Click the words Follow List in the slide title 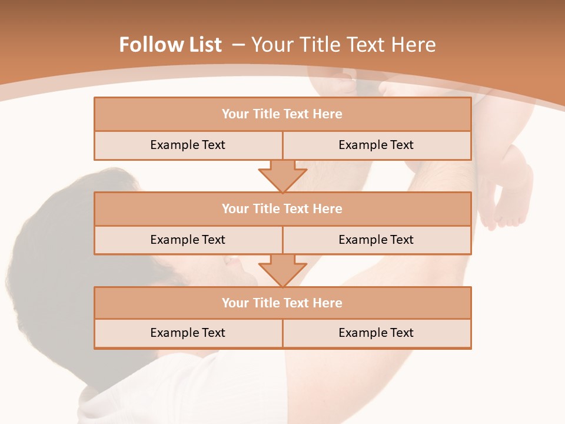[x=170, y=45]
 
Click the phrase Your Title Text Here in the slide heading [x=343, y=45]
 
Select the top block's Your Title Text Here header [x=282, y=114]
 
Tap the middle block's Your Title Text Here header [x=282, y=208]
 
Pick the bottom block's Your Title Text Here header [x=282, y=303]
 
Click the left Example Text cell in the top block [x=188, y=145]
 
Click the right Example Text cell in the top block [x=376, y=145]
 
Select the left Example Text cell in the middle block [x=188, y=240]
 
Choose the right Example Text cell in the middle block [x=376, y=240]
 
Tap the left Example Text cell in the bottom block [x=188, y=333]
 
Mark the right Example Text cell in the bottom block [x=376, y=333]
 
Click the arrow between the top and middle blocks [x=282, y=175]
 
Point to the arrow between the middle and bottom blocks [x=282, y=270]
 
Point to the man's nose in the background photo [x=232, y=263]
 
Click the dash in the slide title [x=238, y=45]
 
